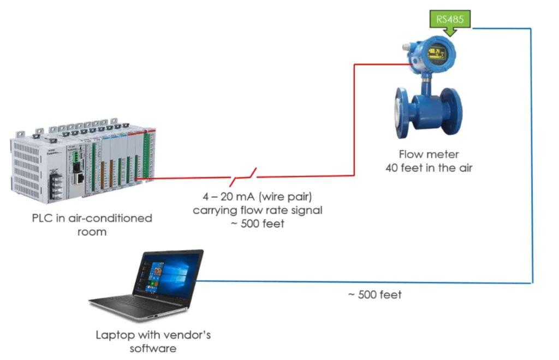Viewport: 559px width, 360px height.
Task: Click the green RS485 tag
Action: (449, 20)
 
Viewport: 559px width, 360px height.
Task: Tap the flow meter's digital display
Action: (437, 54)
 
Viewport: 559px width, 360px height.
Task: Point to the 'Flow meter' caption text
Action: (428, 155)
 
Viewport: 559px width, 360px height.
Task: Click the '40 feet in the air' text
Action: (428, 168)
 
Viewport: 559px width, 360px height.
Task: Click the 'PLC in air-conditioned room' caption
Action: (92, 225)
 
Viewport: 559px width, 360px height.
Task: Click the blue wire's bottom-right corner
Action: (532, 283)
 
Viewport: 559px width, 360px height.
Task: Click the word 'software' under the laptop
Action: (153, 348)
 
